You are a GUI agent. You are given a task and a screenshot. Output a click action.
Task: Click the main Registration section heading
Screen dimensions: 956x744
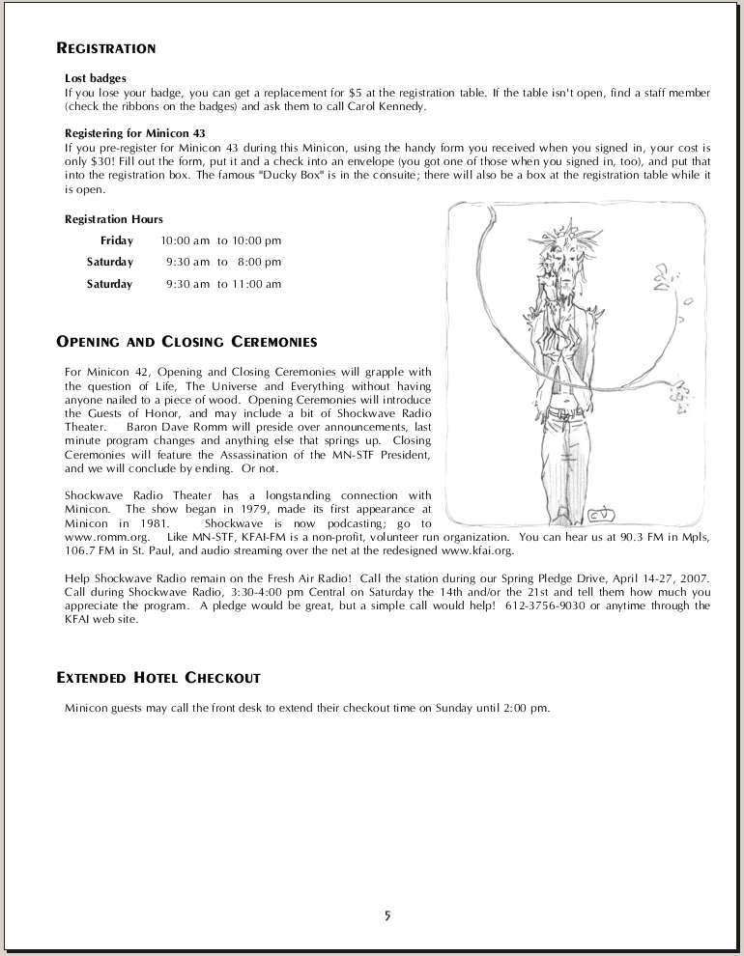[106, 48]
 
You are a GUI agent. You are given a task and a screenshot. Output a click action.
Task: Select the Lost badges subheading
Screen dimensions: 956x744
[96, 78]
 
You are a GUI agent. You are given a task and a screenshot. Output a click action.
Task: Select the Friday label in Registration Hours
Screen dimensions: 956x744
[117, 240]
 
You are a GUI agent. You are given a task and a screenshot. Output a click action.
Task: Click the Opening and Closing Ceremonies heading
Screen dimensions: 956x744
[186, 342]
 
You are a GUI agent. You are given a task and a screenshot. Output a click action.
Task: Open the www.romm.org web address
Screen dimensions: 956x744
[97, 536]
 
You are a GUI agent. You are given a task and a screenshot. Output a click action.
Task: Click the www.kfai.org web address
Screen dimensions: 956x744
[477, 550]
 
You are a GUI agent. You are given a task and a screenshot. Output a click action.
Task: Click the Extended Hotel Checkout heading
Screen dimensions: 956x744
[158, 678]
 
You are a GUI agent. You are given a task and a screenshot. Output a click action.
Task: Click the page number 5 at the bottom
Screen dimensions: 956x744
[386, 915]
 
